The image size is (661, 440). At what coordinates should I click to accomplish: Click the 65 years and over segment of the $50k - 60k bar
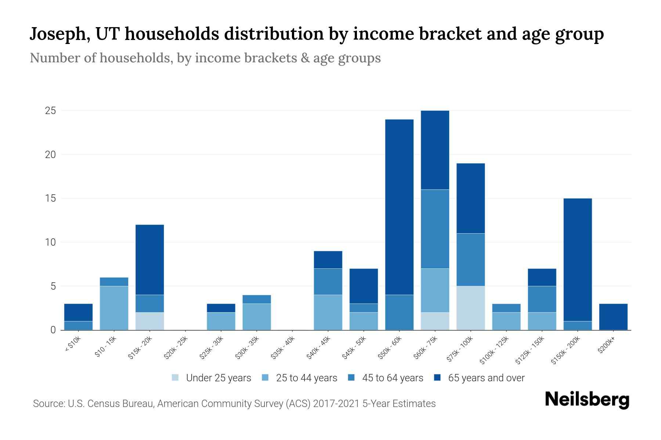click(399, 207)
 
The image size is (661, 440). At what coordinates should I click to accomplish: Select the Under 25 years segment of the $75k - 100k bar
click(470, 308)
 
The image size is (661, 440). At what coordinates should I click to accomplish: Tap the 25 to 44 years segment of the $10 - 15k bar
click(114, 308)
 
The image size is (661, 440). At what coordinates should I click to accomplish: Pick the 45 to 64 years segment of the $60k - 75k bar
click(435, 229)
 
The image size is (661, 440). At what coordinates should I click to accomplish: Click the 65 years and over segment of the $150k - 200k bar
click(577, 260)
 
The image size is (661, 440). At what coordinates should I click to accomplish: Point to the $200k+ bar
click(613, 316)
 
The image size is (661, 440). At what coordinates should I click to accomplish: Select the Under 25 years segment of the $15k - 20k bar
click(149, 321)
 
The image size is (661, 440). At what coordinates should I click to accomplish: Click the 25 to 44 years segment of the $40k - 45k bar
click(328, 312)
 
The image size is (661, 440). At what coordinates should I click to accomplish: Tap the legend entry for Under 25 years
click(218, 378)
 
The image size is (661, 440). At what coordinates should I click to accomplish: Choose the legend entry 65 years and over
click(486, 378)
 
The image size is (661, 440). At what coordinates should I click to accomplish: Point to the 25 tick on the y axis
click(50, 111)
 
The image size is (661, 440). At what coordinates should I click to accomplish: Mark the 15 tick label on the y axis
click(50, 198)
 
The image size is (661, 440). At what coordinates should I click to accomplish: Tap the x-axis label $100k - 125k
click(494, 351)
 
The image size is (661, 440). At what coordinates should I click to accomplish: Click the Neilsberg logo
click(587, 400)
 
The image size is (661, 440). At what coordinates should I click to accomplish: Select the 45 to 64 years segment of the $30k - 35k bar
click(257, 299)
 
